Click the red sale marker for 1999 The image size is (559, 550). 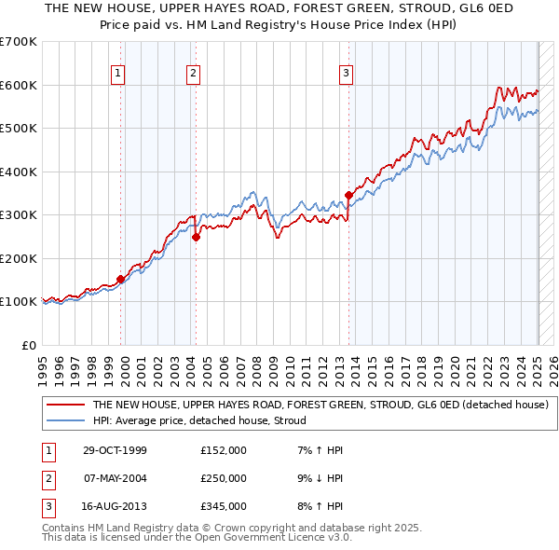pyautogui.click(x=121, y=279)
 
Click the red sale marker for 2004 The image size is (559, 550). pyautogui.click(x=196, y=237)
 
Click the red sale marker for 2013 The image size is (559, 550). pyautogui.click(x=348, y=195)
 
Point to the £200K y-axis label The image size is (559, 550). pyautogui.click(x=19, y=258)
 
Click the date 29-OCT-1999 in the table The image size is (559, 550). pyautogui.click(x=117, y=450)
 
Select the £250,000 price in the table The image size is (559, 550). pyautogui.click(x=224, y=478)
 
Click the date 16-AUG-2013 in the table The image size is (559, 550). pyautogui.click(x=117, y=506)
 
